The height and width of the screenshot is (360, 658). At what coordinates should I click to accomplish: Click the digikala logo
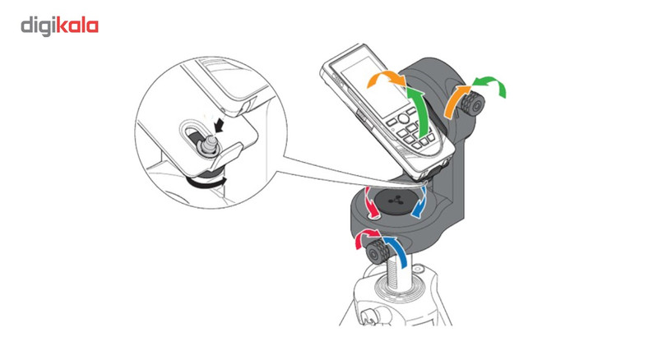click(59, 26)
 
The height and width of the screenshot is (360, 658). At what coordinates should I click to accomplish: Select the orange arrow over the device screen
click(387, 79)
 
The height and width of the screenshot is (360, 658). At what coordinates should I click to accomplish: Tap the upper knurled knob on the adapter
click(472, 105)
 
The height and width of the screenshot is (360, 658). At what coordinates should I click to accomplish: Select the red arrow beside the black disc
click(371, 203)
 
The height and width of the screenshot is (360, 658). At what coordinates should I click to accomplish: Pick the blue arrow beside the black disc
click(420, 203)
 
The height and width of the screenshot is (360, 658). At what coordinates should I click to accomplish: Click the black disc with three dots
click(395, 201)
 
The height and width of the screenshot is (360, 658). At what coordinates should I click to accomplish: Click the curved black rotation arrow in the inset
click(206, 183)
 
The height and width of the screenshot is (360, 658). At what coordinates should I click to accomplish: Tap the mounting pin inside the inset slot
click(208, 145)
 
